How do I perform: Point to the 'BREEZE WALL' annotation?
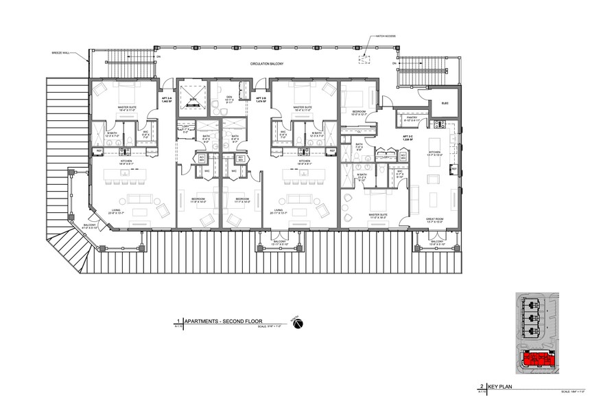pyautogui.click(x=61, y=52)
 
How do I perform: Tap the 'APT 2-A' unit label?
pyautogui.click(x=165, y=99)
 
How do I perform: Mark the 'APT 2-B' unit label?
pyautogui.click(x=261, y=99)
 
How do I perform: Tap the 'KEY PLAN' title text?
pyautogui.click(x=501, y=388)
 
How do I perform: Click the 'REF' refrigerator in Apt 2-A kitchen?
pyautogui.click(x=99, y=150)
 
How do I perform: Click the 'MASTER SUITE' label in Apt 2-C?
pyautogui.click(x=379, y=215)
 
